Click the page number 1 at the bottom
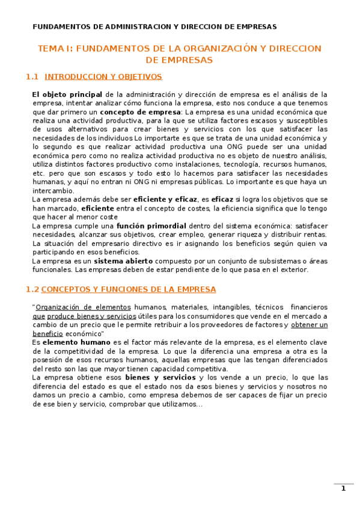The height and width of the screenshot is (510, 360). point(343,488)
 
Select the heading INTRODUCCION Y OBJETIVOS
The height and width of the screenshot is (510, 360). point(103,77)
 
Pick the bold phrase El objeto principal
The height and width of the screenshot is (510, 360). point(67,94)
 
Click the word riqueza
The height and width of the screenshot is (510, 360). point(243,235)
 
